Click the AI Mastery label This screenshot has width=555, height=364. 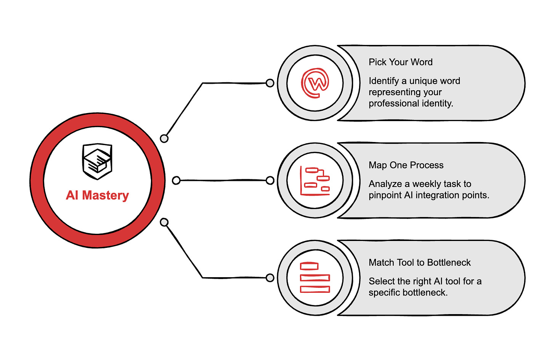click(97, 195)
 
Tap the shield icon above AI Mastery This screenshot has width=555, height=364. click(97, 161)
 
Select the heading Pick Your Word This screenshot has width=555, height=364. click(400, 62)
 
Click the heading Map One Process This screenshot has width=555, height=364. click(406, 165)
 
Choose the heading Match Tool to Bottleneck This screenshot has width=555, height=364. click(419, 263)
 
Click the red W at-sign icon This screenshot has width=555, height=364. click(315, 83)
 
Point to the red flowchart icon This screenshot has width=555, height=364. click(315, 181)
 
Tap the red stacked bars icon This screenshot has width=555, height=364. click(315, 278)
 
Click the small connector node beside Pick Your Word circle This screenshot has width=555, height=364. click(270, 83)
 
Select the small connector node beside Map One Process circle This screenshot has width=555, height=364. click(270, 180)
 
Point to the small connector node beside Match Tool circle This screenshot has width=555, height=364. click(270, 278)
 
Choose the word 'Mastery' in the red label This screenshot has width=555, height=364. click(106, 195)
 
